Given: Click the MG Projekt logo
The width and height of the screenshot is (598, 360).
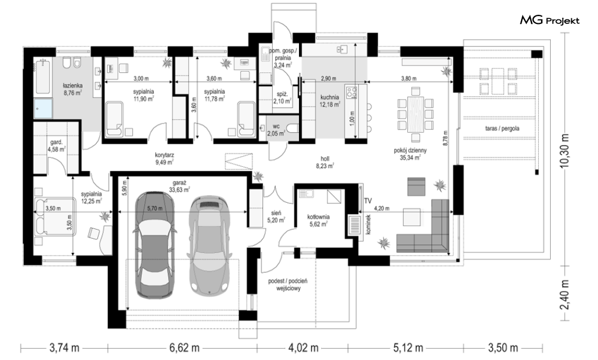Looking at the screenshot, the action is (x=550, y=20).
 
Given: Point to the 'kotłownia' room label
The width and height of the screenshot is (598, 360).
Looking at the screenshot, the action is (x=318, y=217).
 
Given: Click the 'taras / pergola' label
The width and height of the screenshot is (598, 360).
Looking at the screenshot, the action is (x=502, y=129).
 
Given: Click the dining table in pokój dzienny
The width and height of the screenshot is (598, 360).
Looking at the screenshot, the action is (x=415, y=114).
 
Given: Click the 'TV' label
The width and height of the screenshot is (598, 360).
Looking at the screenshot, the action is (x=368, y=201).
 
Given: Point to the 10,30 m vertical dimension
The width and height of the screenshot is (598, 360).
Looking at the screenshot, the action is (x=564, y=150).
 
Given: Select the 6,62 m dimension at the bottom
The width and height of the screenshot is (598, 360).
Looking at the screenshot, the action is (x=184, y=348).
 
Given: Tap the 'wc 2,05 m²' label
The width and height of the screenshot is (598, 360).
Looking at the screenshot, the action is (x=276, y=130).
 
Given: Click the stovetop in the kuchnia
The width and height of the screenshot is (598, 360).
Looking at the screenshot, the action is (x=351, y=92).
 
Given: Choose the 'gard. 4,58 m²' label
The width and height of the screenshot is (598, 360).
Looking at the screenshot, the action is (x=57, y=146).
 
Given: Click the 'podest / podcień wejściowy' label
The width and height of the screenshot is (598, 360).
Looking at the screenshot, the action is (x=288, y=284).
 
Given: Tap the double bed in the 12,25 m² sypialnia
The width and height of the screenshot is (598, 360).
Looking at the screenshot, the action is (x=54, y=216).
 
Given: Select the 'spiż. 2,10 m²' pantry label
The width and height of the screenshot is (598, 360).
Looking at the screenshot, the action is (x=282, y=97).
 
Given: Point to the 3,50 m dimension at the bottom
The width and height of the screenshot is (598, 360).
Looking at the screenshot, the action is (x=503, y=348).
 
